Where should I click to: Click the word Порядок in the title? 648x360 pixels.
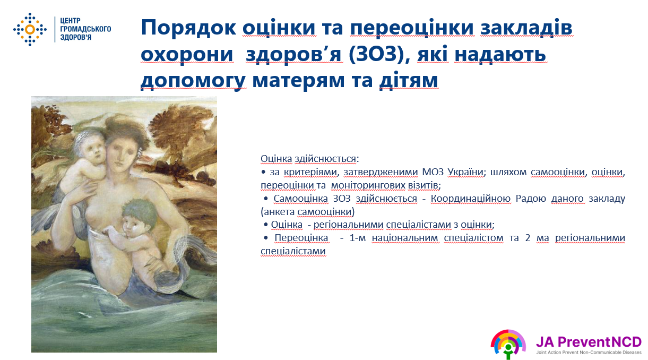click(x=188, y=28)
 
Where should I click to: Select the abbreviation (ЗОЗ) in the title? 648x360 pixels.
click(x=376, y=54)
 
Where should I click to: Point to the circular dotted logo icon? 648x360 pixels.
click(x=30, y=29)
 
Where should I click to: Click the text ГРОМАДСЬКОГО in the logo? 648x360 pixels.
click(x=85, y=29)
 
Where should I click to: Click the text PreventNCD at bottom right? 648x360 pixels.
click(x=599, y=342)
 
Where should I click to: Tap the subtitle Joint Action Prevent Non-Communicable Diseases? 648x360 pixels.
click(x=589, y=353)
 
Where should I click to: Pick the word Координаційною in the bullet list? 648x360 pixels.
click(x=471, y=199)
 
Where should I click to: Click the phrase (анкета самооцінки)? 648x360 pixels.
click(x=307, y=212)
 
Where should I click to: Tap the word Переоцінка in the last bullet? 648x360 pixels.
click(x=301, y=238)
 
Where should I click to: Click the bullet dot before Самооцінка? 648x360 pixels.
click(x=265, y=199)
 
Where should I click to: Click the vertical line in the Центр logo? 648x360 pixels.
click(x=55, y=29)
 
